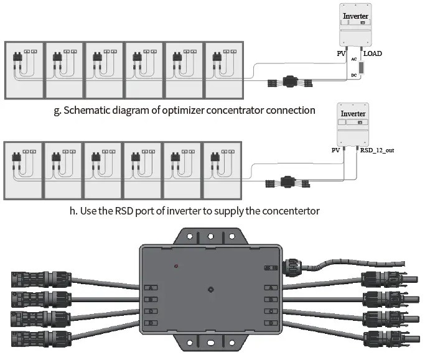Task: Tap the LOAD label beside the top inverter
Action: [373, 54]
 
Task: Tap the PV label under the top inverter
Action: [341, 54]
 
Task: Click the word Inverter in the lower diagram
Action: [353, 114]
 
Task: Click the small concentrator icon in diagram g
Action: [291, 81]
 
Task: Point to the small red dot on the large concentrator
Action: [177, 267]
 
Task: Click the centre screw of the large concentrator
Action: [212, 289]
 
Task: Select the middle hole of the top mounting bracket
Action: [211, 236]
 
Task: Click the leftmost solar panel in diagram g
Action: [24, 69]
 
